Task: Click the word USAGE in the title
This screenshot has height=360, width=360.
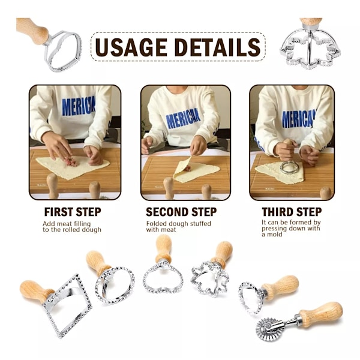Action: coord(131,47)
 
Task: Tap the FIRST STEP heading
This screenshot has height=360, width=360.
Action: coord(73,212)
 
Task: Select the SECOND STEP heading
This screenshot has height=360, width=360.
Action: coord(181,212)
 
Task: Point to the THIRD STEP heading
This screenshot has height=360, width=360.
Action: coord(292,212)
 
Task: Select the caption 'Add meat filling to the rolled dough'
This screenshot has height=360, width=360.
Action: coord(72,227)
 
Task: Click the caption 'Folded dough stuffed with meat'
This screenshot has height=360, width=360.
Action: coord(179,226)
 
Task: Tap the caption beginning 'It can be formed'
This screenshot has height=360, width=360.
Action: coord(291,228)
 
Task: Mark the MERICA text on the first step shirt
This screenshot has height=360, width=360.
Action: coord(78,106)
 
